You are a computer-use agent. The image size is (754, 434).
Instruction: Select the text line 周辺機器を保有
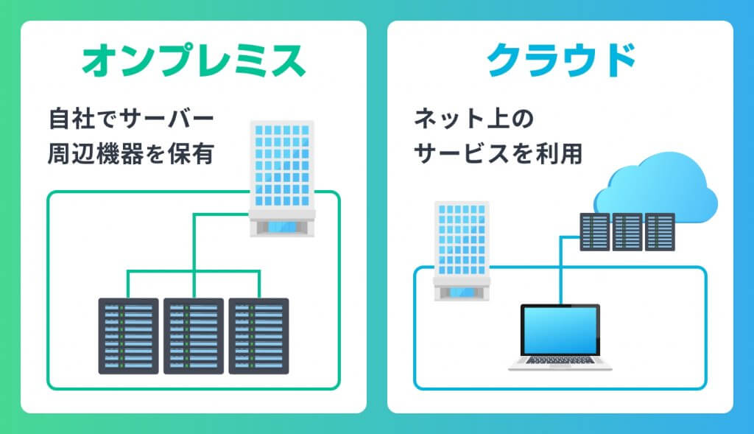pos(131,155)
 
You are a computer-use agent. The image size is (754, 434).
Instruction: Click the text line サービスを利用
pos(498,155)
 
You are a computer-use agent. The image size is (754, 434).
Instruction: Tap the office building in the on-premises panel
pos(283,169)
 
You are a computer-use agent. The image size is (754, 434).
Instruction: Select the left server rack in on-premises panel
pos(129,335)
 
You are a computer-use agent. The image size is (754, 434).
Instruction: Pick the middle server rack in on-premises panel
pos(194,335)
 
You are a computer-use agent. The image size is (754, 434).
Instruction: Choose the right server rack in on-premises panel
pos(258,335)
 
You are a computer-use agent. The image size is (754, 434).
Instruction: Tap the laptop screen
pos(560,330)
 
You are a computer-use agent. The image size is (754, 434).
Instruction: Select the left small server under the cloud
pos(594,232)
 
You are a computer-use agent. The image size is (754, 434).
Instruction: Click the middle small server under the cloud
pos(627,232)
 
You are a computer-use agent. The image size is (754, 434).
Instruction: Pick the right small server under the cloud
pos(659,232)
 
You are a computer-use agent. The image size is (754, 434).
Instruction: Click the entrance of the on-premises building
pos(283,226)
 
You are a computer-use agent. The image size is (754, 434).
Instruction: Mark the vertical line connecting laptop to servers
pos(560,273)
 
